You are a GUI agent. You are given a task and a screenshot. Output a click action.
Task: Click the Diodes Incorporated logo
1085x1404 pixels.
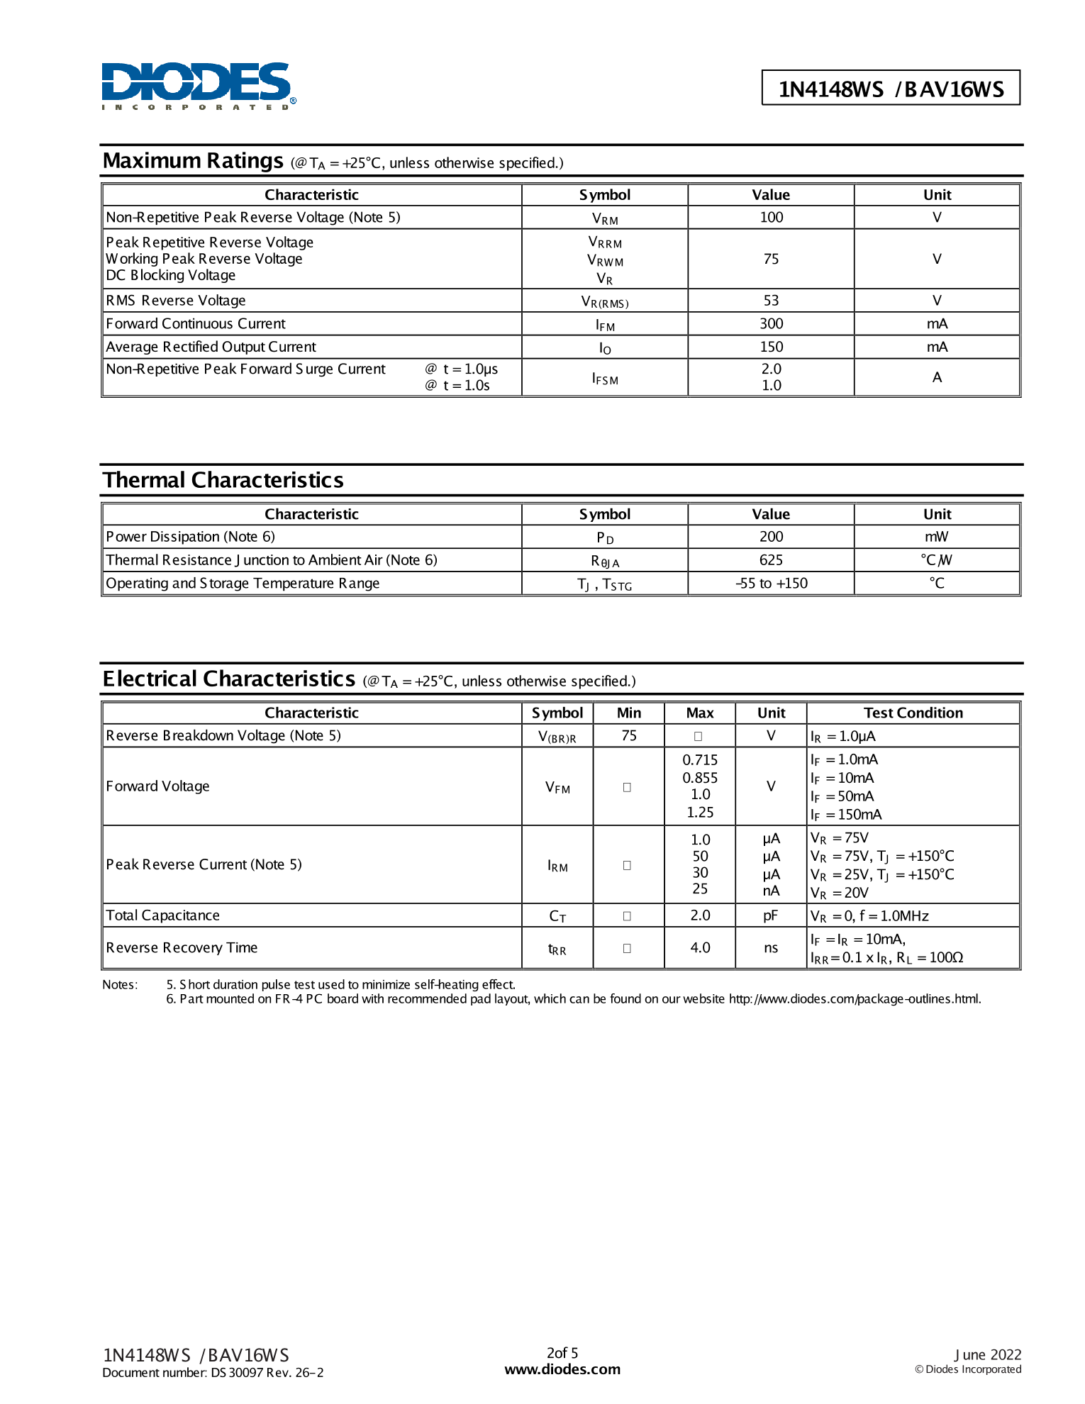pos(198,86)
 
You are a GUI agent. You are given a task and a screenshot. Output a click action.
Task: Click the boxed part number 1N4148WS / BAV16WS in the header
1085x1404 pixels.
pos(891,89)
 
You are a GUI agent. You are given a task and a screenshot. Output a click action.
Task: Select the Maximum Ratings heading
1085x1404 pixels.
pos(193,161)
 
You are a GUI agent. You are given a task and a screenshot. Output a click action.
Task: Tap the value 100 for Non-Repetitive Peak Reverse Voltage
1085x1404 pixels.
pos(771,217)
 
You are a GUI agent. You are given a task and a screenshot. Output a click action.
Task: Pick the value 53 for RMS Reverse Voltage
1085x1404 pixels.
pos(771,301)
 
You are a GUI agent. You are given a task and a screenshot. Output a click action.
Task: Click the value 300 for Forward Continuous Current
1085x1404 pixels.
pos(771,323)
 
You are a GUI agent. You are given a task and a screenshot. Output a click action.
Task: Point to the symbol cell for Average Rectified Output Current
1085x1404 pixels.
pos(604,347)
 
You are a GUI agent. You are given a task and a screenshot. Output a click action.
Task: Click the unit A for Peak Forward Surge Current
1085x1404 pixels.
pos(937,377)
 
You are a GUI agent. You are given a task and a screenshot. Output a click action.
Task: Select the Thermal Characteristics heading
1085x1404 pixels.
pos(223,480)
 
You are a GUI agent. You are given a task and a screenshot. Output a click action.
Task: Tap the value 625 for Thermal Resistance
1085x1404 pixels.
pos(771,560)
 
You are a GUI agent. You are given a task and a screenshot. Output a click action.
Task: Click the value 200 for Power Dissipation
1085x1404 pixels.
pos(771,537)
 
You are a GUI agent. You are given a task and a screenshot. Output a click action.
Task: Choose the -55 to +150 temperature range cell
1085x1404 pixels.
pos(771,584)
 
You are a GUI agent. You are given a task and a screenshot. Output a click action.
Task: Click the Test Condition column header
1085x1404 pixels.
pos(913,713)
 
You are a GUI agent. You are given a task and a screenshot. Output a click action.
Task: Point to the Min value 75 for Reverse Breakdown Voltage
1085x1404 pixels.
pos(628,735)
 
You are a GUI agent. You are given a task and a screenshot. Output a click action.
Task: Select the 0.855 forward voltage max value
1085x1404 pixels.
pos(700,778)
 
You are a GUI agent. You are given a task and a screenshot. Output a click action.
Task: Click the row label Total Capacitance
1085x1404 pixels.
pos(163,915)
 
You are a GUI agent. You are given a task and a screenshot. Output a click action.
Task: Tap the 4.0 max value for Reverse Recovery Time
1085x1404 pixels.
pos(700,947)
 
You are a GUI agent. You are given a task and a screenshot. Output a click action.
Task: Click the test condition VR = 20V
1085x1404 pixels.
pos(840,893)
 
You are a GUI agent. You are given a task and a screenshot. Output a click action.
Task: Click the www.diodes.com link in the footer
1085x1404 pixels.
pos(562,1369)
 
